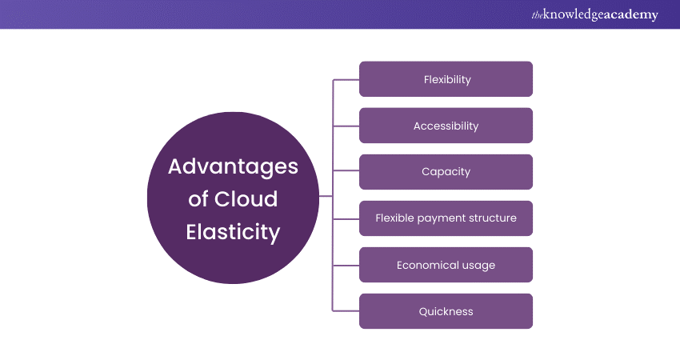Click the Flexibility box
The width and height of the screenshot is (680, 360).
click(446, 79)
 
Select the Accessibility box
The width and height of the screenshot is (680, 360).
click(446, 126)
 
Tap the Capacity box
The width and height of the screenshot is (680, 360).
click(446, 172)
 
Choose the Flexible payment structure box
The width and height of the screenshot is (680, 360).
click(446, 218)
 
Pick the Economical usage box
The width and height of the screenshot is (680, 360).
click(446, 265)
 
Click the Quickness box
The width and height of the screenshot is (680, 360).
click(446, 311)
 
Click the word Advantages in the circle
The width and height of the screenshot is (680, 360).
click(233, 167)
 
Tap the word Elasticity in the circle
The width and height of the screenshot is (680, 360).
click(233, 232)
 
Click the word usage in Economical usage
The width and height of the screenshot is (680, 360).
click(478, 265)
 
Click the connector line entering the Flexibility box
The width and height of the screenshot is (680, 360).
click(346, 79)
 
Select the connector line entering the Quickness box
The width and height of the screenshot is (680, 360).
click(346, 311)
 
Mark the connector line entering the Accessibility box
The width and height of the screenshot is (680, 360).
click(346, 126)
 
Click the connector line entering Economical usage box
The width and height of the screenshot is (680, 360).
click(346, 265)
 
